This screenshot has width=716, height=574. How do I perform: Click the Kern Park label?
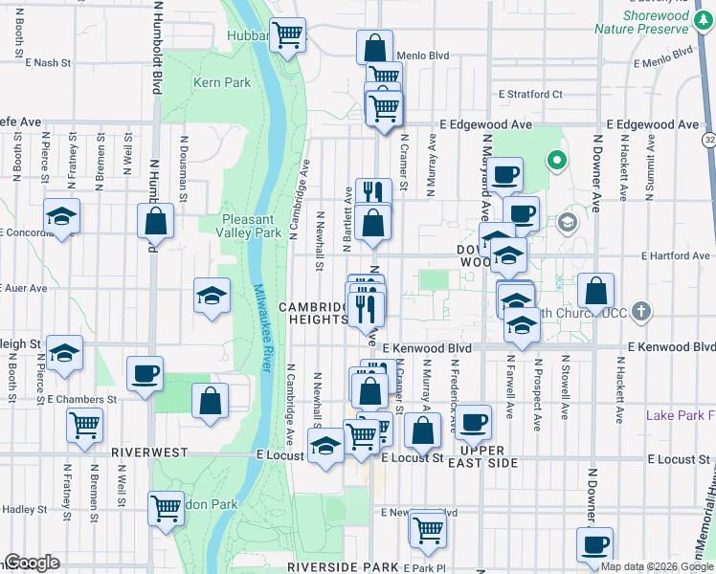pos(222,82)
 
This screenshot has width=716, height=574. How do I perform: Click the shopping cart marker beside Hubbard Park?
pos(287,35)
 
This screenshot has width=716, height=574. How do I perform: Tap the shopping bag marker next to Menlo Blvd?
pos(375,47)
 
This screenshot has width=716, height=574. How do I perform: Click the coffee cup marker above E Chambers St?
pos(145,373)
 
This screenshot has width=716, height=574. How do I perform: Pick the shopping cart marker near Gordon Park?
pos(167,507)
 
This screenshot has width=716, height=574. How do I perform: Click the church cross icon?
pos(642,312)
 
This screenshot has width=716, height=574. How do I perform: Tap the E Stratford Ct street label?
pos(530,95)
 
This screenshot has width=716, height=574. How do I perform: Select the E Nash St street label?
pos(50,63)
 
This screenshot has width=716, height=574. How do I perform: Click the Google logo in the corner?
pos(32,563)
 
